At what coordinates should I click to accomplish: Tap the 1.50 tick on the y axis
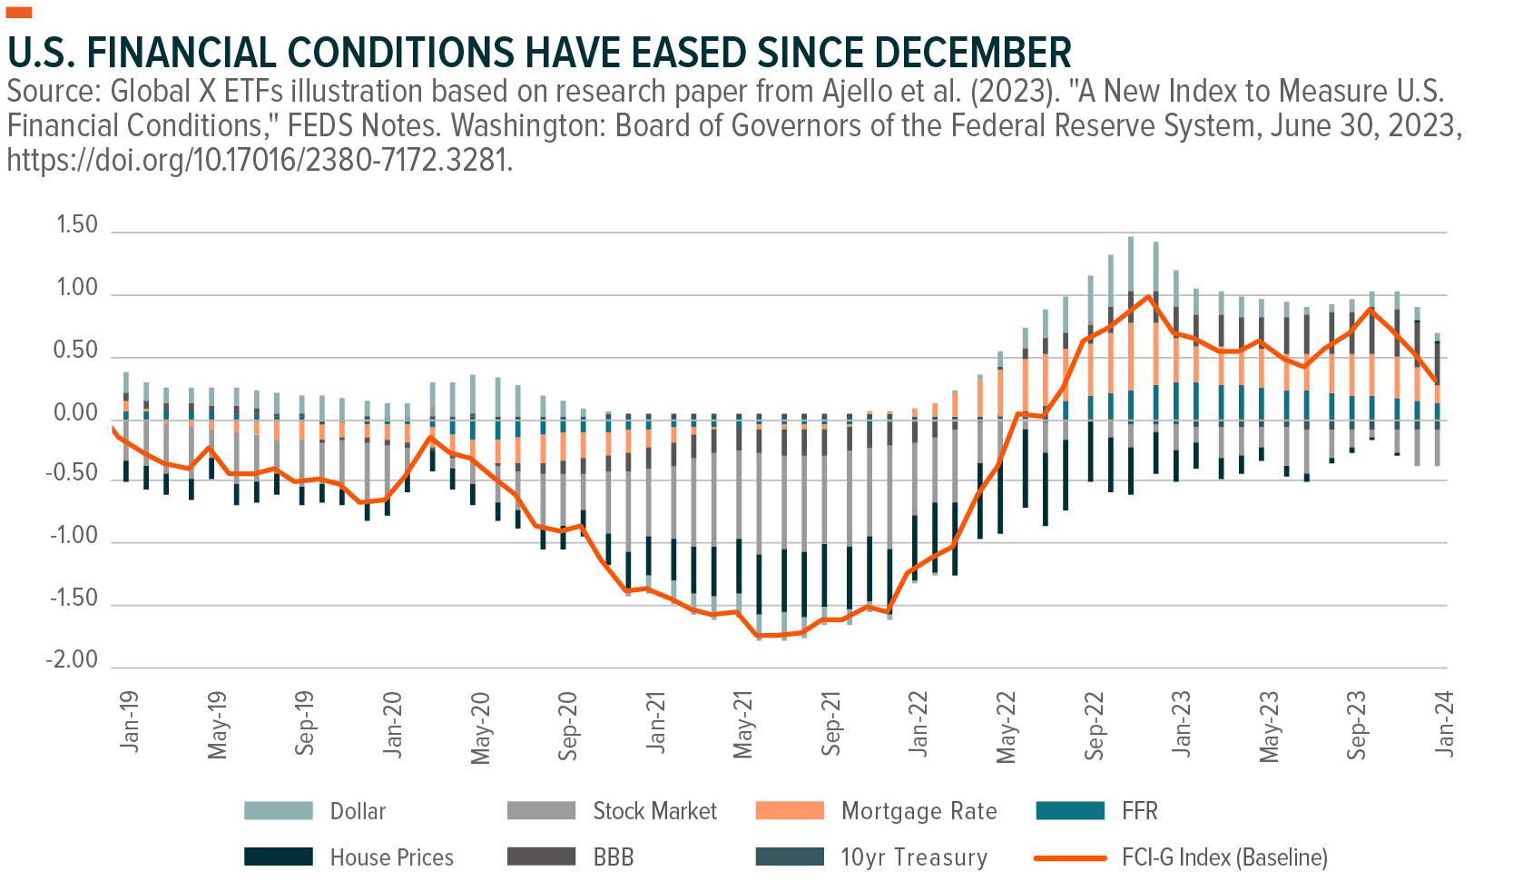pyautogui.click(x=77, y=225)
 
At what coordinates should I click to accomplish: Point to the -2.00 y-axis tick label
pyautogui.click(x=73, y=660)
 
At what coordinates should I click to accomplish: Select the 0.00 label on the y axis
pyautogui.click(x=77, y=413)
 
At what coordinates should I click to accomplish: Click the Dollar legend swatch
pyautogui.click(x=278, y=810)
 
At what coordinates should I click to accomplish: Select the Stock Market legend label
pyautogui.click(x=654, y=811)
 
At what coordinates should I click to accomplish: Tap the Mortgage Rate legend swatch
pyautogui.click(x=790, y=810)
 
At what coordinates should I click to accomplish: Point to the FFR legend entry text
pyautogui.click(x=1140, y=810)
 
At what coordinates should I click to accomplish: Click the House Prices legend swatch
pyautogui.click(x=278, y=856)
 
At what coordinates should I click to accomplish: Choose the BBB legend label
pyautogui.click(x=614, y=857)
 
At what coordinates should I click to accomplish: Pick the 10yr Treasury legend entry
pyautogui.click(x=913, y=857)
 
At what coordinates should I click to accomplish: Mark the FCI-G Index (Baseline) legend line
pyautogui.click(x=1070, y=857)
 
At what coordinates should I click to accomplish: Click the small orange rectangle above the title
pyautogui.click(x=19, y=12)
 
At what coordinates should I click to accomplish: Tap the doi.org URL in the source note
pyautogui.click(x=260, y=160)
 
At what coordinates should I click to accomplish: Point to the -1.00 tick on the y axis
pyautogui.click(x=73, y=536)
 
